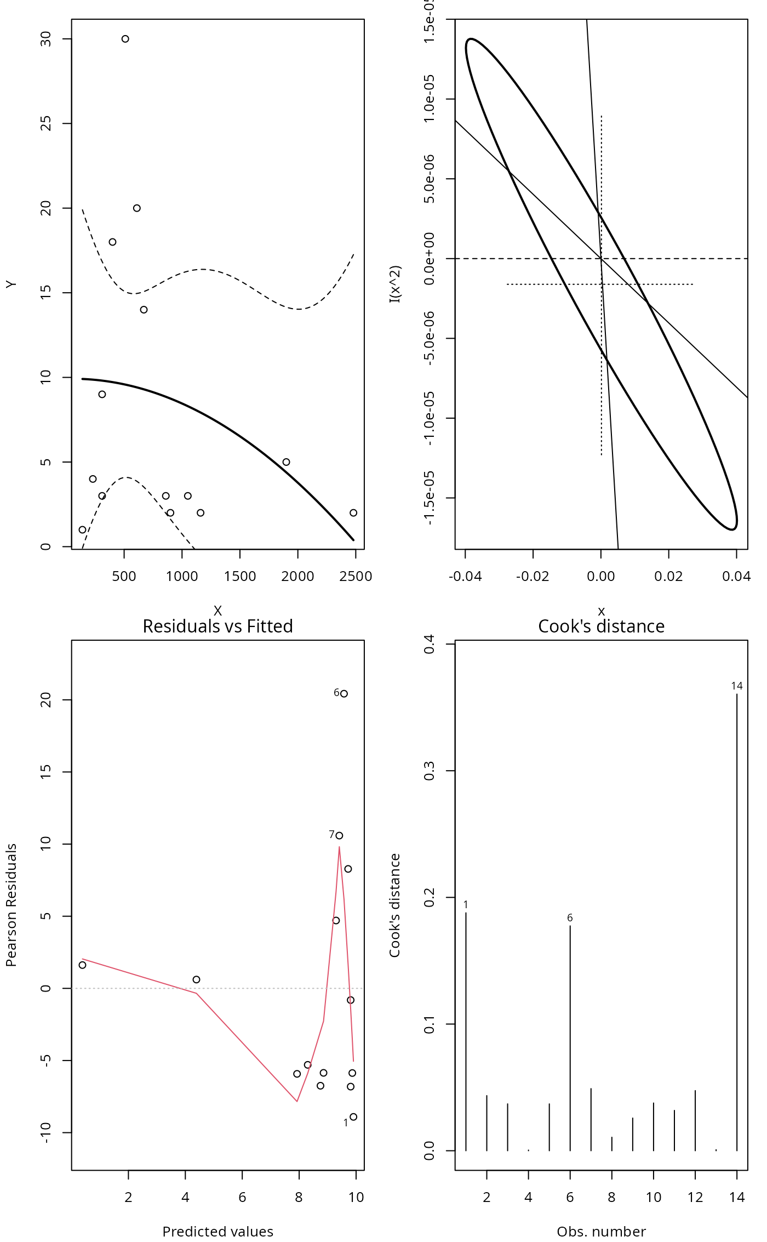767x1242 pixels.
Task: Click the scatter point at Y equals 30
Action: [125, 39]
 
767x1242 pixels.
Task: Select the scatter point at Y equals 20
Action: [137, 208]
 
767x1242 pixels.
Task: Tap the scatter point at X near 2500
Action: [353, 513]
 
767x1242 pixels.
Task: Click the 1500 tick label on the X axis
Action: [240, 577]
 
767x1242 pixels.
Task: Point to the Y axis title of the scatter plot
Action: [12, 284]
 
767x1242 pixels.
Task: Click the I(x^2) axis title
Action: [395, 284]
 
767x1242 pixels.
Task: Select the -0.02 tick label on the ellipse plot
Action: [533, 577]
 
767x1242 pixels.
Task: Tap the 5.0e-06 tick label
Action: [430, 179]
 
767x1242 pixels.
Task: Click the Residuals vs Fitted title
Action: [217, 626]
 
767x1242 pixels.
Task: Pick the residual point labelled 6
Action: [344, 694]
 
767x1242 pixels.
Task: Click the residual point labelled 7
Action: [339, 836]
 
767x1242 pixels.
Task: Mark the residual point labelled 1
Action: [353, 1117]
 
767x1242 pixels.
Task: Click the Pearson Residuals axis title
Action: [12, 905]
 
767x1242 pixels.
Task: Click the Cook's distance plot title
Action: [601, 626]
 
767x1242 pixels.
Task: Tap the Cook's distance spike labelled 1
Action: [466, 1030]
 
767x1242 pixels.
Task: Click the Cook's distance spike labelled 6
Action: [570, 1036]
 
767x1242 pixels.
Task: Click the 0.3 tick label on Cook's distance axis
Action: [430, 771]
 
